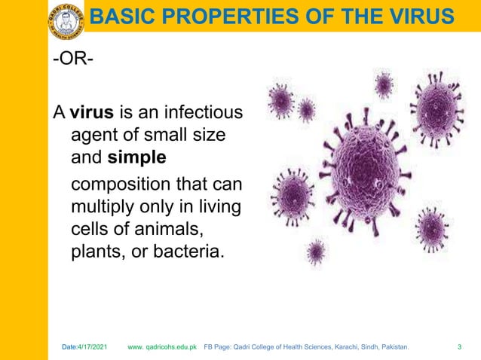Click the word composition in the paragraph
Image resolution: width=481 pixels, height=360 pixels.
pos(116,185)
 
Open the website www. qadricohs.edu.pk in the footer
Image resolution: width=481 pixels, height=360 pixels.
pos(162,347)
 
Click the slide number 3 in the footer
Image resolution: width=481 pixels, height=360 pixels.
pos(460,347)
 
